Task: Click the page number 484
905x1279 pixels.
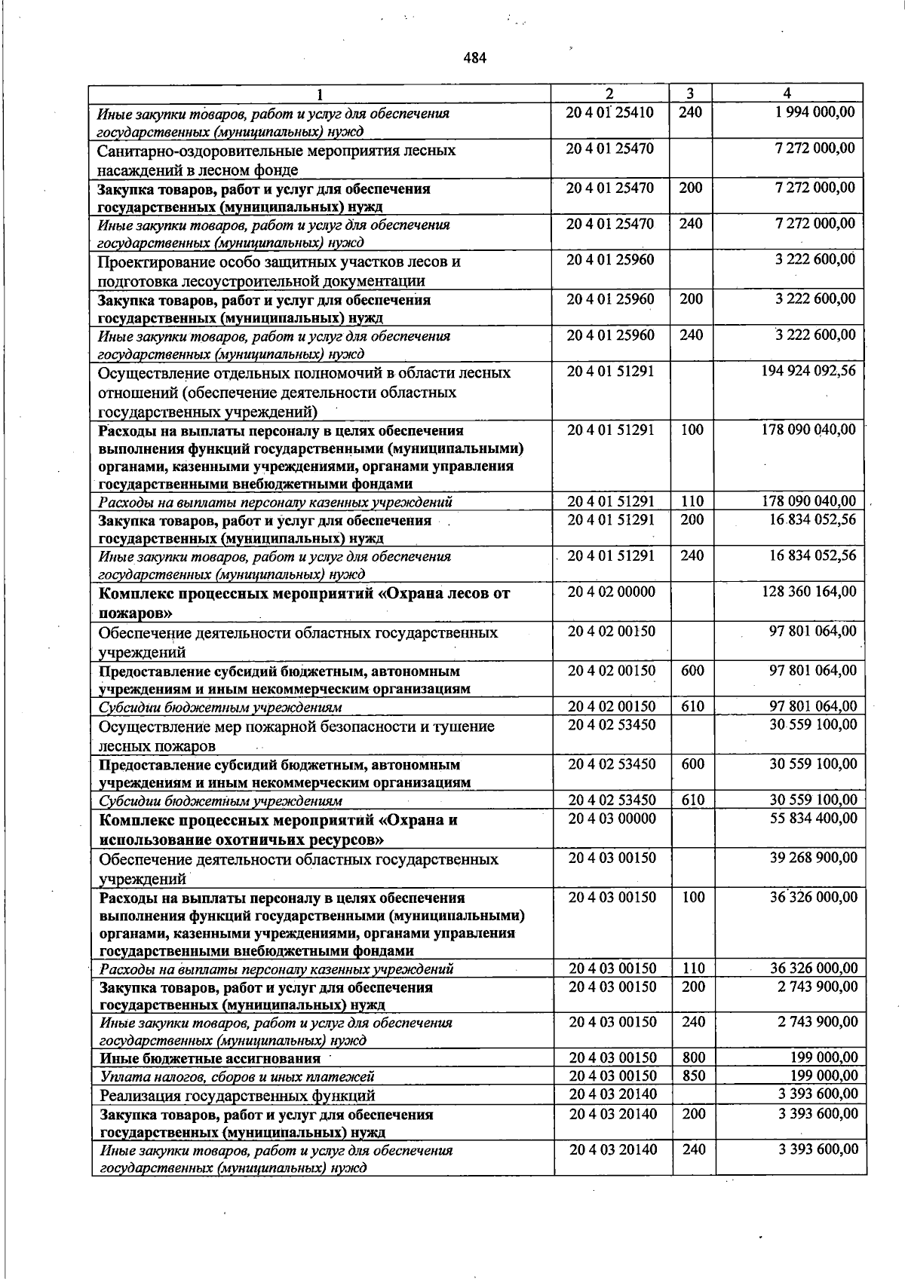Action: click(x=475, y=57)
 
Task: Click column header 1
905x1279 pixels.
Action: click(x=321, y=94)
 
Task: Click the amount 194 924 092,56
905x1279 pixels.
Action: click(x=808, y=372)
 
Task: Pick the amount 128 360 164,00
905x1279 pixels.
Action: click(x=809, y=592)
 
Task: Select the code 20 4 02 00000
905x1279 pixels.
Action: click(x=612, y=592)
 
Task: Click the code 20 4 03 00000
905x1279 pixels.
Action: click(x=612, y=818)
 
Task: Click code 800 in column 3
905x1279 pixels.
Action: click(x=692, y=1058)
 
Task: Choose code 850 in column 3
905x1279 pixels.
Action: click(x=692, y=1076)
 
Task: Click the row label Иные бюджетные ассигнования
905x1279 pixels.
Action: click(x=210, y=1059)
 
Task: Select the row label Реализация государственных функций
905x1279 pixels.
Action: click(x=238, y=1095)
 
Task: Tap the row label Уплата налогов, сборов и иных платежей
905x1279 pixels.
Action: click(x=237, y=1077)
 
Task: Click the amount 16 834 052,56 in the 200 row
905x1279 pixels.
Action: click(x=811, y=519)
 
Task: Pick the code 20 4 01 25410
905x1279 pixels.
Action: click(x=610, y=112)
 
